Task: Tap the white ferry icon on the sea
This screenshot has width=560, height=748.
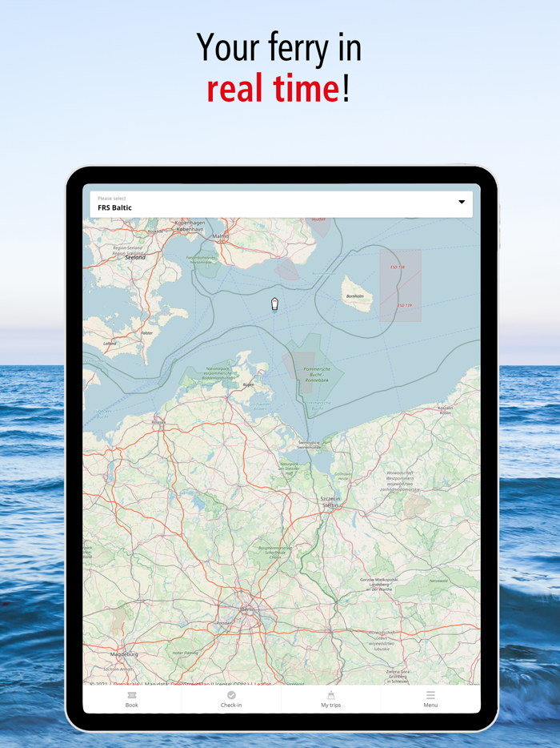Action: (274, 304)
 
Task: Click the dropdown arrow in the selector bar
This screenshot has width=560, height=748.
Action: (462, 203)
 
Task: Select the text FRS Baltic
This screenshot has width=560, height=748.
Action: (115, 208)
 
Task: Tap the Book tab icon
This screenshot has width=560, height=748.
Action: (132, 695)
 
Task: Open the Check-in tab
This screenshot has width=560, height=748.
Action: (231, 699)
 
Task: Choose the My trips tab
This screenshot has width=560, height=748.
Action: (330, 699)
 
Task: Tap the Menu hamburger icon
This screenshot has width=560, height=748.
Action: (430, 695)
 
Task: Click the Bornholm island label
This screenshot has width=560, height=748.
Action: (354, 296)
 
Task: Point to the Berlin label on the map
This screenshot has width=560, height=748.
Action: (249, 609)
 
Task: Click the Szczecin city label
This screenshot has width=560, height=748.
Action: (330, 500)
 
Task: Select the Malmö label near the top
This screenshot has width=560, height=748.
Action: (220, 236)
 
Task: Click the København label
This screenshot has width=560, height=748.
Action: (190, 230)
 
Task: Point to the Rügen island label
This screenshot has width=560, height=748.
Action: (249, 384)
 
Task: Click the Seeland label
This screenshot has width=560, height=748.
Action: (135, 258)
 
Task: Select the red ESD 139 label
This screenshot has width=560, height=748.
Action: (405, 305)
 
